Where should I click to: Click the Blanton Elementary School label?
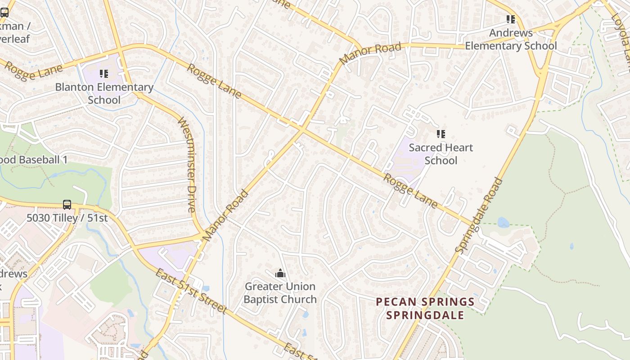click(104, 93)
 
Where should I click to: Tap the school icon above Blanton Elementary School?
click(104, 73)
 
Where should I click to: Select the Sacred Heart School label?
click(441, 153)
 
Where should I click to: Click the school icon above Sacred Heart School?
click(441, 134)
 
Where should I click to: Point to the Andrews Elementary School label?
click(511, 39)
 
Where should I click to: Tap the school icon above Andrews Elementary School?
click(510, 19)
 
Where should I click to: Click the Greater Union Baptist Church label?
click(280, 292)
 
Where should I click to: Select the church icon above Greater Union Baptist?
click(280, 273)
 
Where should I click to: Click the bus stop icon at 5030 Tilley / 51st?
click(67, 204)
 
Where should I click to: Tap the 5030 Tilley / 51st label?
click(67, 218)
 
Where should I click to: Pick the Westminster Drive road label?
click(187, 164)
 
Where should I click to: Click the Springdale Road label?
click(479, 215)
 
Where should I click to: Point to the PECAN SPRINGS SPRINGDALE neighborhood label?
click(425, 308)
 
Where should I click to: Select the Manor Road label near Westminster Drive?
click(226, 215)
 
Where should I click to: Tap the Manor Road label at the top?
click(370, 54)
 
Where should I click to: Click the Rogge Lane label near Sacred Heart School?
click(409, 191)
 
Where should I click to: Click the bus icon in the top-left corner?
click(4, 13)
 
